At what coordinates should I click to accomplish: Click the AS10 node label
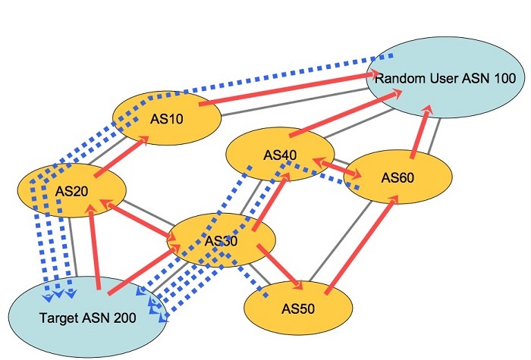click(x=167, y=119)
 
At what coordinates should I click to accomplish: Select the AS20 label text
click(x=72, y=191)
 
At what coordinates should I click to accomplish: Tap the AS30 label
click(x=222, y=241)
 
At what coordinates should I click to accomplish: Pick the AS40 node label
click(x=280, y=155)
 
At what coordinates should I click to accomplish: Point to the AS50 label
click(x=298, y=308)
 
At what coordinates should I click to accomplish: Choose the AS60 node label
click(x=397, y=177)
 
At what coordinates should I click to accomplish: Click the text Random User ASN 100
click(x=445, y=79)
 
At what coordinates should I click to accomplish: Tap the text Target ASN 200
click(x=88, y=318)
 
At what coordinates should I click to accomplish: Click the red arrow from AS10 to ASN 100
click(x=289, y=89)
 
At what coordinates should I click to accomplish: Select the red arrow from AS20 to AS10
click(x=122, y=156)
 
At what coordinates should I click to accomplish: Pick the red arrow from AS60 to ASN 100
click(x=421, y=132)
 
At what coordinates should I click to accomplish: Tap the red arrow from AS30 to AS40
click(x=271, y=202)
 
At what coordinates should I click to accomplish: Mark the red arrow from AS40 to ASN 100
click(x=345, y=113)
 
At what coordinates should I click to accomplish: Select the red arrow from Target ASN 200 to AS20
click(x=95, y=247)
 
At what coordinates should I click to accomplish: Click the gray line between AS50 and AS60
click(x=341, y=241)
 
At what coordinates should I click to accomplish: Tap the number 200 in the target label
click(x=124, y=318)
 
